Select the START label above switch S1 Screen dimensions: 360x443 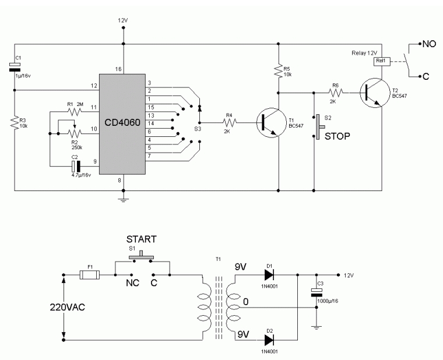tap(143, 239)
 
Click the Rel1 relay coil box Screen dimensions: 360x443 tap(382, 60)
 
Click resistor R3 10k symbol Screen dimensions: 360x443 tap(15, 122)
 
